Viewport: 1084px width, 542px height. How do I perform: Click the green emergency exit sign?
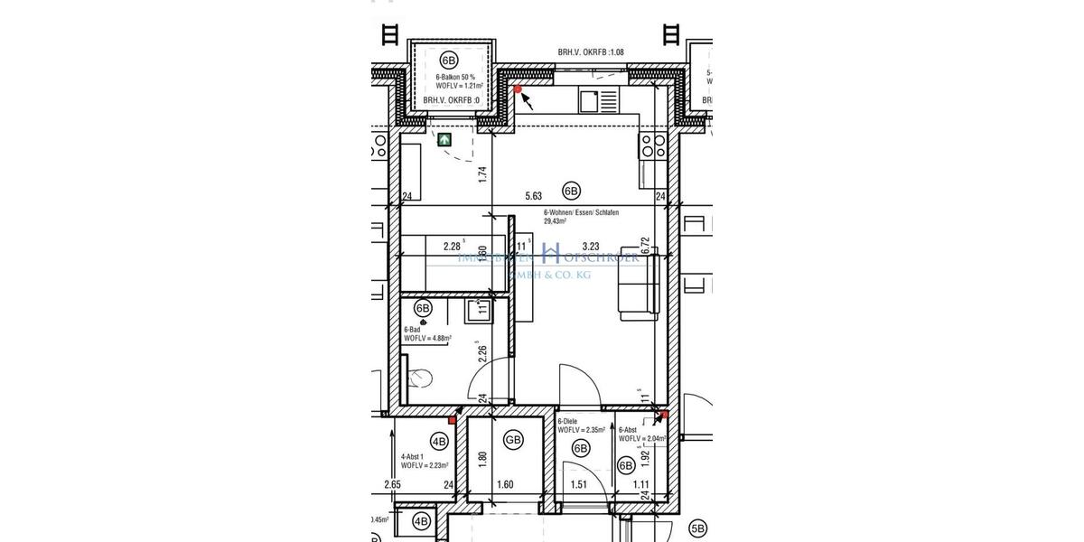pyautogui.click(x=444, y=140)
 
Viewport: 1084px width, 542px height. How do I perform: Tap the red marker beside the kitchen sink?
pyautogui.click(x=518, y=89)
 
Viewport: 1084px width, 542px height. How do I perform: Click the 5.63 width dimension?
pyautogui.click(x=534, y=196)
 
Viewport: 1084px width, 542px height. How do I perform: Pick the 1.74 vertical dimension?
pyautogui.click(x=483, y=175)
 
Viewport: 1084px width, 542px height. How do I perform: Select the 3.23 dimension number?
pyautogui.click(x=592, y=246)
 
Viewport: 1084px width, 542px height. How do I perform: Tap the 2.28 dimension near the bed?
pyautogui.click(x=453, y=246)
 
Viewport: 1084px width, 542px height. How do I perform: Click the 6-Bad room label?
pyautogui.click(x=412, y=330)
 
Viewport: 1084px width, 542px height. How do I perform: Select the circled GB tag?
pyautogui.click(x=514, y=441)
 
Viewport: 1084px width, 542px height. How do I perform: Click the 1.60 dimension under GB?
pyautogui.click(x=505, y=485)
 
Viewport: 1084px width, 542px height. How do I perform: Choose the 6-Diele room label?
pyautogui.click(x=567, y=422)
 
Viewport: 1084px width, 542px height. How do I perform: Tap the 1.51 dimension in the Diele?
pyautogui.click(x=580, y=485)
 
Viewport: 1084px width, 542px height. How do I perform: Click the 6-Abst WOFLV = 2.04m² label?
pyautogui.click(x=641, y=435)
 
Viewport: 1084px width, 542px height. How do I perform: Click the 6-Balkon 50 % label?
pyautogui.click(x=449, y=79)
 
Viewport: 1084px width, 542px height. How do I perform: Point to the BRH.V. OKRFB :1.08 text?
pyautogui.click(x=591, y=53)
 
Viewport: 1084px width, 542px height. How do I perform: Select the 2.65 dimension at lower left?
pyautogui.click(x=392, y=485)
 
